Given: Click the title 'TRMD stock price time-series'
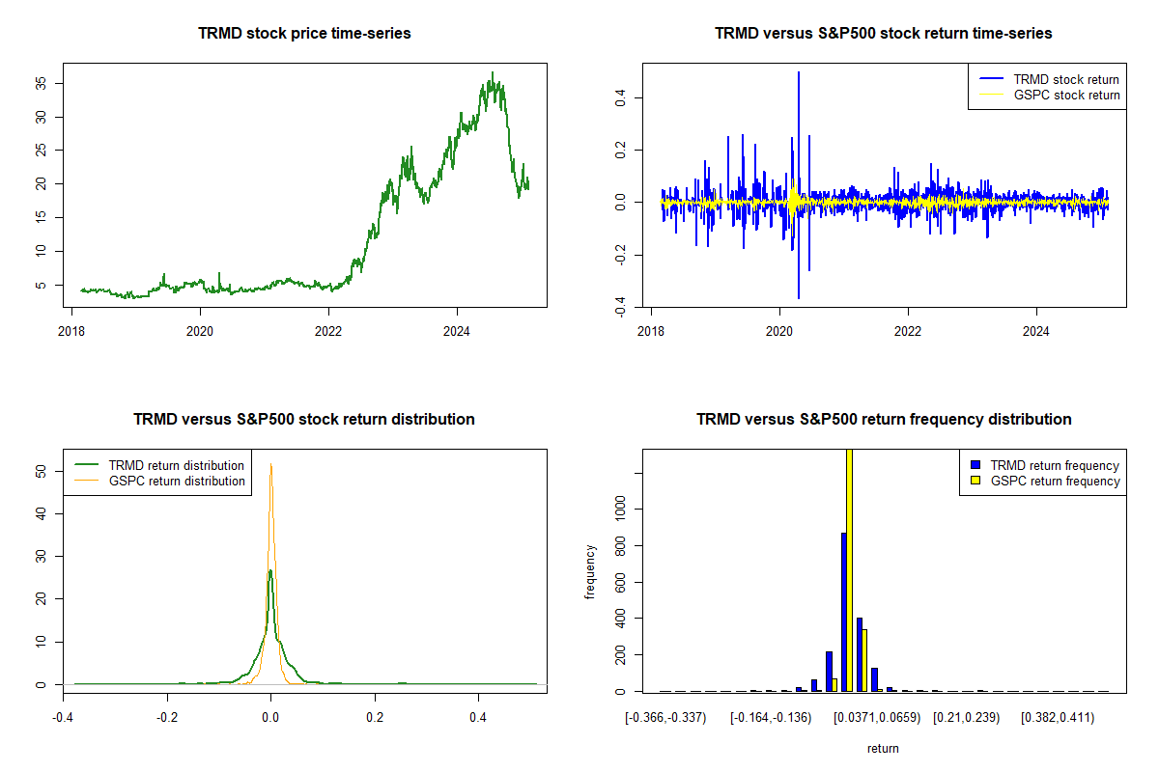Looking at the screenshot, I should [x=304, y=34].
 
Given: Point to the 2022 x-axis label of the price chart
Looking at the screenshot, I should [x=329, y=326].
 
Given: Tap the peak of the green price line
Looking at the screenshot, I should [x=493, y=73].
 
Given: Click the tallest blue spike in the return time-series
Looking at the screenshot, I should [x=799, y=73].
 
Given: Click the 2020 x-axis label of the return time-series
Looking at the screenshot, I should [x=779, y=326].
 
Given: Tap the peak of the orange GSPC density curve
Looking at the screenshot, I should [x=270, y=464].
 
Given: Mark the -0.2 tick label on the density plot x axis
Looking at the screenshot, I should [x=167, y=718].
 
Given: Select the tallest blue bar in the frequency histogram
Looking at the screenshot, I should [x=843, y=612].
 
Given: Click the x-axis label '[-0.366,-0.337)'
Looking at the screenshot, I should [x=665, y=718].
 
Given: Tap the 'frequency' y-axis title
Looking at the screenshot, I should [x=590, y=571].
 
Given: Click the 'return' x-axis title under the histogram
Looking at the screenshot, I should [x=883, y=748].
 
